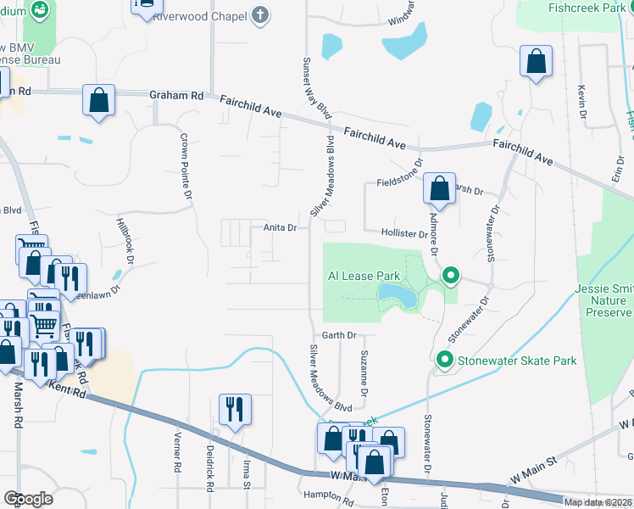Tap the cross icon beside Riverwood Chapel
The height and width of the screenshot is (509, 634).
point(260,14)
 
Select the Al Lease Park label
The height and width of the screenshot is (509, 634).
point(364,277)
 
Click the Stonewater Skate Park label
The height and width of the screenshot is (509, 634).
point(517,361)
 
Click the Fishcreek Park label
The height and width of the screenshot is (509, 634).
point(586,8)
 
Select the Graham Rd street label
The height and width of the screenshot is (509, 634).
point(176,97)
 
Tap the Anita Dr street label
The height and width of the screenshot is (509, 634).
point(280,227)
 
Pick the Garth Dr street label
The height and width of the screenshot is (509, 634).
point(338,336)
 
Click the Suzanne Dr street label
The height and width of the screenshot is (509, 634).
point(364,374)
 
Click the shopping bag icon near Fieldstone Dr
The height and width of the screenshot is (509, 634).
point(439,189)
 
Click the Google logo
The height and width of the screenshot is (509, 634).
point(28,499)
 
